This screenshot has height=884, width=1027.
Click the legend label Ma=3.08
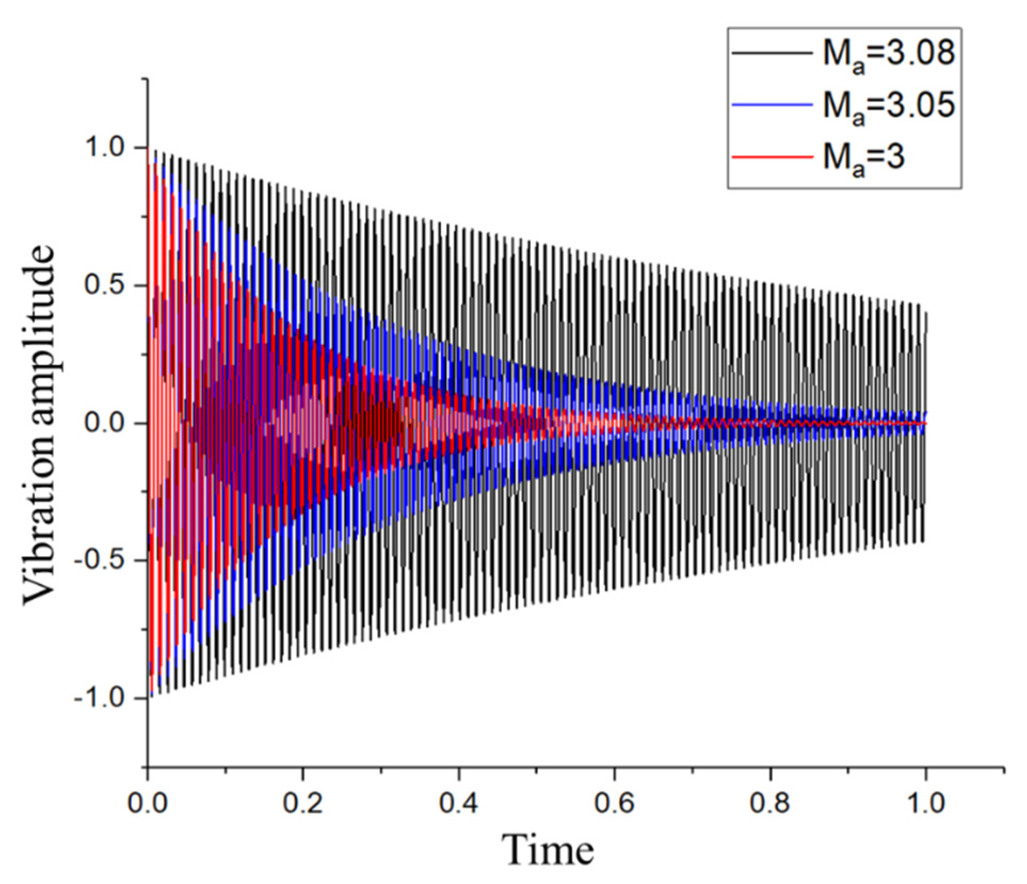click(888, 54)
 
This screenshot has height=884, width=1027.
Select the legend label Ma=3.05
click(888, 106)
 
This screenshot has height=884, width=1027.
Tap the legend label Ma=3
click(864, 158)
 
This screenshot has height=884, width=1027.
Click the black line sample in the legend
click(772, 53)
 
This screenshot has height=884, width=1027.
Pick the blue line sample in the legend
click(772, 105)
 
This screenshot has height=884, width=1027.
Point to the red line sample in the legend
click(772, 157)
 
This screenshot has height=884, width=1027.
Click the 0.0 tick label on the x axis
click(148, 803)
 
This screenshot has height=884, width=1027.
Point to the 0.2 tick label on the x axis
click(303, 803)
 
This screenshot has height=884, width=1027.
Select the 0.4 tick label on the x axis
click(459, 803)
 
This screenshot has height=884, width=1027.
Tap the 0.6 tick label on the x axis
click(614, 803)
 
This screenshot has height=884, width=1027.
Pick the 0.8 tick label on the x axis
click(770, 803)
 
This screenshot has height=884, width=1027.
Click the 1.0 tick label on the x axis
click(926, 803)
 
